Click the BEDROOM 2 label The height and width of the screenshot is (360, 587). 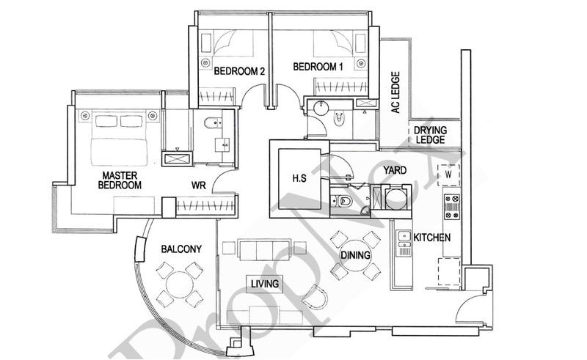(239, 71)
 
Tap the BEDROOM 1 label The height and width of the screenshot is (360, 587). (318, 67)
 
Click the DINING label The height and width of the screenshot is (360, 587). (355, 255)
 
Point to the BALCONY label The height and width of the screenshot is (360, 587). (181, 249)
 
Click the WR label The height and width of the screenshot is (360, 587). (199, 185)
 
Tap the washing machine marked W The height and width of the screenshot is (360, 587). (447, 176)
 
